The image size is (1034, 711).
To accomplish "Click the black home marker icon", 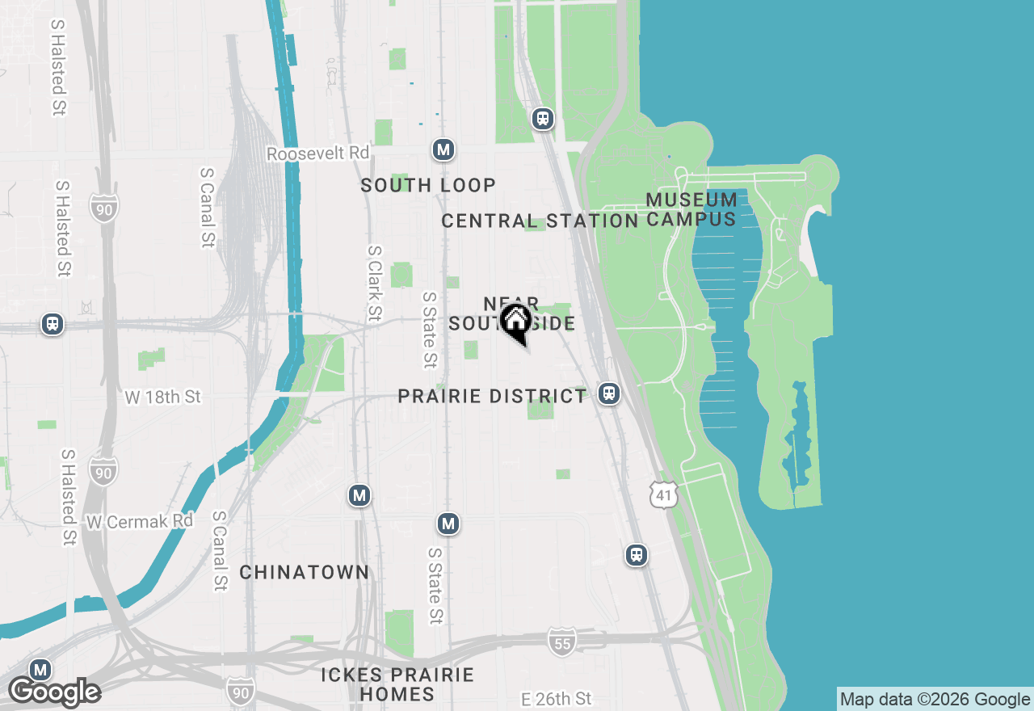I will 515,321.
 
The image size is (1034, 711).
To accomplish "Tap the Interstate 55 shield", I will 561,642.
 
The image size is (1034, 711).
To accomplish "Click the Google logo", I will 55,692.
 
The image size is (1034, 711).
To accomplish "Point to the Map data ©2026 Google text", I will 935,699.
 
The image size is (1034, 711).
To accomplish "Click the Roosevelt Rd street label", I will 317,153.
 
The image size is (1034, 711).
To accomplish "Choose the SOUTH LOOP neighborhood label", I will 428,185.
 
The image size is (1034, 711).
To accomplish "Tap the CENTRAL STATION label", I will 540,221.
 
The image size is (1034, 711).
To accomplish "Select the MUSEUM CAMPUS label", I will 691,209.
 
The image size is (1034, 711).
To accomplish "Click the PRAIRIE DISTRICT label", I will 492,396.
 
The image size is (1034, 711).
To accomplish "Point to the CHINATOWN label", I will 304,572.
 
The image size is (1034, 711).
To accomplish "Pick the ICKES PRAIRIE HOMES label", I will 397,684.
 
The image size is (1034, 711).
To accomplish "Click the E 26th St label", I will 557,698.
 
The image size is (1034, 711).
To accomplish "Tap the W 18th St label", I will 162,397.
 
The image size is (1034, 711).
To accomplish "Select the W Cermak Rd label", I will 140,521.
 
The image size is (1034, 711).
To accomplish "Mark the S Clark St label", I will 374,283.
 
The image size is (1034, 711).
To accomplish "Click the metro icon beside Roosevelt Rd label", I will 443,149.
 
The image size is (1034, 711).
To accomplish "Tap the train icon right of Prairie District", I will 609,393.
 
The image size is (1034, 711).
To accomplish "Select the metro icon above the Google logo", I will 40,670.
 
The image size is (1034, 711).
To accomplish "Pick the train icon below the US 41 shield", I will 637,554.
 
